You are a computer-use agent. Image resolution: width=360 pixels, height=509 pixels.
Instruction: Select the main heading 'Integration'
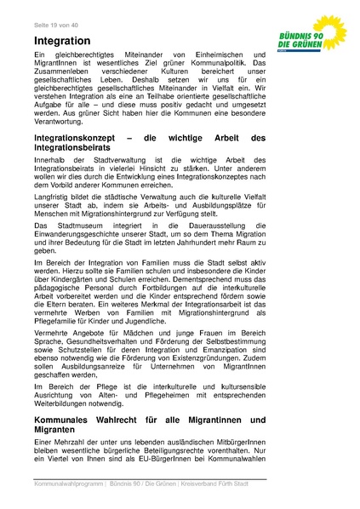pos(62,40)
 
